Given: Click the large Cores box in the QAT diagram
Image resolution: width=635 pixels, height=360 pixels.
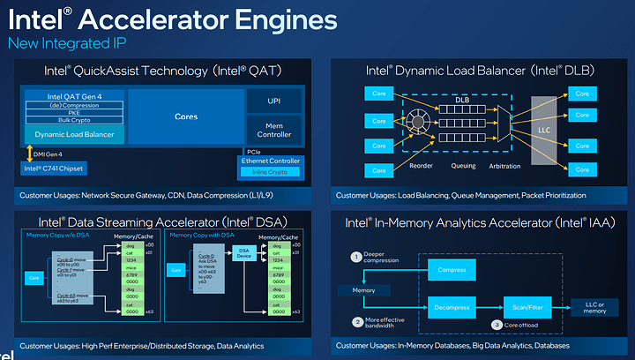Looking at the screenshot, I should coord(186,116).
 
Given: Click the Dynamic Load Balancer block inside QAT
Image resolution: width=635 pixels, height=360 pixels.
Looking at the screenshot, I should coord(74,133).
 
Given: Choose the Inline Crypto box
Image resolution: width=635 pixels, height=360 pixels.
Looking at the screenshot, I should coord(271,171).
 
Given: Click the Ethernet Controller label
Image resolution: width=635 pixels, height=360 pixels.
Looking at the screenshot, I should coord(271,161).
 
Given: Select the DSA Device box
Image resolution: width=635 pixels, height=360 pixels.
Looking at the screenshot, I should coord(244,251).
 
